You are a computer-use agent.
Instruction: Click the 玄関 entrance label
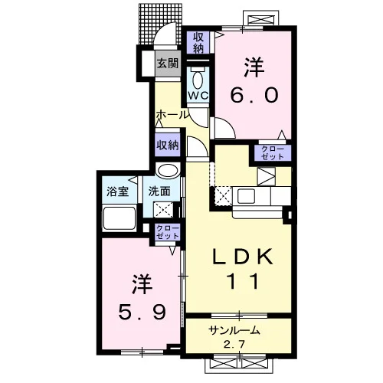tap(168, 63)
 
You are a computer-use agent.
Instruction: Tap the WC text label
tap(198, 96)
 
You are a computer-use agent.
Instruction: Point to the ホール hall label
tap(172, 115)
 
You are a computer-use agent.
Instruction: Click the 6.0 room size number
tap(254, 95)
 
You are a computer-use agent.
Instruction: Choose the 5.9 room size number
tap(142, 312)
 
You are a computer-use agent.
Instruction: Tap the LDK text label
tap(243, 257)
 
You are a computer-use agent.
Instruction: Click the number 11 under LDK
tap(243, 281)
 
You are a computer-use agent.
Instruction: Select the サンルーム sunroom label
tap(234, 331)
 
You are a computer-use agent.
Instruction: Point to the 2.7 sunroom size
tap(234, 345)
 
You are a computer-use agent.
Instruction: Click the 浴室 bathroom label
tap(117, 191)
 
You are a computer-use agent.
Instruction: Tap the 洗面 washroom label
tap(159, 191)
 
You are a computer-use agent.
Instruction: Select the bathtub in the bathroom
tap(119, 218)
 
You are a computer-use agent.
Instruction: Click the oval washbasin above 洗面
tap(168, 170)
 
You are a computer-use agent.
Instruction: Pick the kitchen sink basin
tap(246, 196)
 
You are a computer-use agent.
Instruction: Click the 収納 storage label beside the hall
tap(168, 145)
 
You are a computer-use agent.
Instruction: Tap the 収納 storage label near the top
tap(198, 43)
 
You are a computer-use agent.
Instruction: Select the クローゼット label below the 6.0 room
tap(273, 153)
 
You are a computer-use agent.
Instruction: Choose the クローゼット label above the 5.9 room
tap(168, 232)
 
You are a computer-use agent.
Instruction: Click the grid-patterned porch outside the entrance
tap(160, 24)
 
